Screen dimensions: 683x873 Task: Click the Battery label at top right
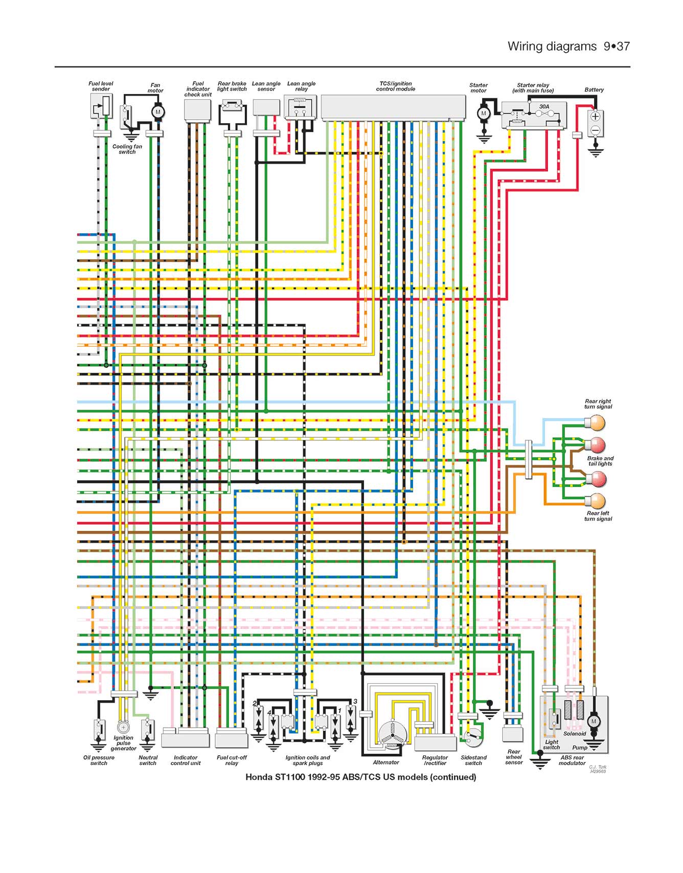tap(594, 89)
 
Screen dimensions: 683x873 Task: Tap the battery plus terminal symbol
tap(595, 117)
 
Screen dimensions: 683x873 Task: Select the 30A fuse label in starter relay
tap(544, 107)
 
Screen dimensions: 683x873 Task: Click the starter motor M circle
tap(484, 114)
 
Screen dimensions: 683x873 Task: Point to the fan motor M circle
tap(158, 112)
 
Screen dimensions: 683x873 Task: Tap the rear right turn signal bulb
tap(596, 423)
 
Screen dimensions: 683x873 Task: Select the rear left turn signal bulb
tap(596, 501)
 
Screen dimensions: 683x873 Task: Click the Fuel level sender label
tap(101, 86)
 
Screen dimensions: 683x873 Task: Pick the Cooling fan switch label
tap(127, 149)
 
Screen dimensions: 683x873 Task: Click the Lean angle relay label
tap(302, 86)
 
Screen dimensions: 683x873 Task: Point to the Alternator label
tap(386, 762)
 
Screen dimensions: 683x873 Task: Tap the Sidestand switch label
tap(473, 760)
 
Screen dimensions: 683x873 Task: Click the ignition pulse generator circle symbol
tap(123, 727)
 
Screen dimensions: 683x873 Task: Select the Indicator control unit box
tap(186, 740)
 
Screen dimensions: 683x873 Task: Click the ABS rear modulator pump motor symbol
tap(594, 722)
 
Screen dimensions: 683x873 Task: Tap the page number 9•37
tap(617, 47)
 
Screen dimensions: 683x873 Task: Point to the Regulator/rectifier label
tap(435, 760)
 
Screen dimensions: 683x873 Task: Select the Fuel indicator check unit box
tap(197, 110)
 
